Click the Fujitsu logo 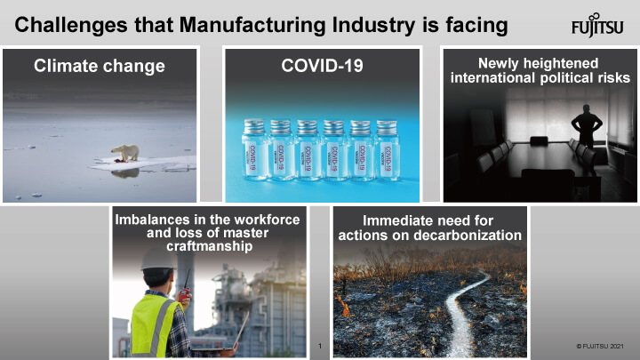pos(597,26)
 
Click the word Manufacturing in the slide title pos(252,25)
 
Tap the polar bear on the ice pos(126,153)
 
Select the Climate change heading pos(100,66)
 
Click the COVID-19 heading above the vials pos(322,66)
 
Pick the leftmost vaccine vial pos(254,150)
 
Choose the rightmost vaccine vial pos(387,150)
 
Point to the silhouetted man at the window pos(587,126)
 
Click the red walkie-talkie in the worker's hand pos(184,290)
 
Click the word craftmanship pos(210,246)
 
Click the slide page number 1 pos(320,346)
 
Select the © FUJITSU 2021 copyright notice pos(600,346)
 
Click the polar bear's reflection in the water pos(125,173)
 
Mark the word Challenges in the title pos(71,25)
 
